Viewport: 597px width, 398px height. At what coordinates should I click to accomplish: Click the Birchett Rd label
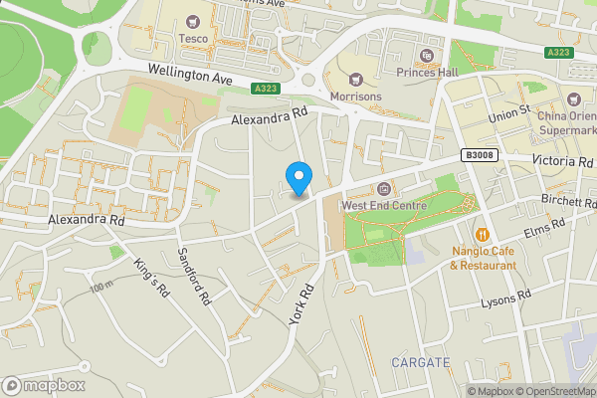[x=568, y=200]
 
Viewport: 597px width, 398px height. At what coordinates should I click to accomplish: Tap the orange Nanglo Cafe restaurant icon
[x=483, y=234]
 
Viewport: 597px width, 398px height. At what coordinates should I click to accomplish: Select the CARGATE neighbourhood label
[x=420, y=361]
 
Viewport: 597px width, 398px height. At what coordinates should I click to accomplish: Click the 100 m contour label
[x=101, y=288]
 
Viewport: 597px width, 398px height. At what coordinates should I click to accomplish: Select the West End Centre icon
[x=385, y=188]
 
